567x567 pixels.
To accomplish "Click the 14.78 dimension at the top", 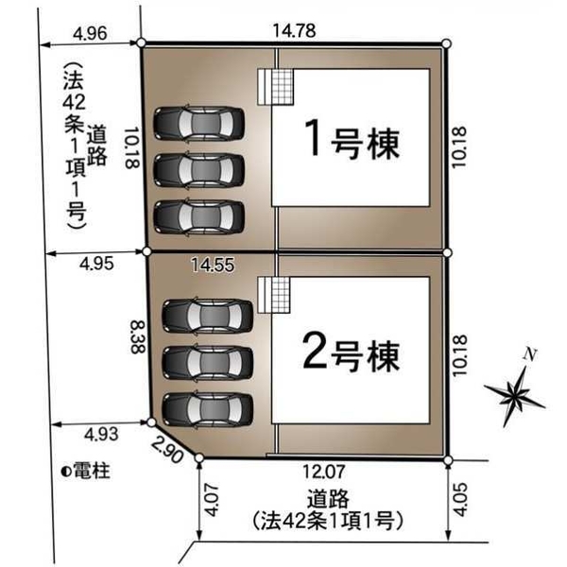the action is (x=294, y=30).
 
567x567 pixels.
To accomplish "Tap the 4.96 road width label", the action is (x=90, y=34).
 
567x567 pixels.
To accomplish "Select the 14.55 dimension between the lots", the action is (x=213, y=265).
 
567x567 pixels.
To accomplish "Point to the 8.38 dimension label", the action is (x=138, y=336).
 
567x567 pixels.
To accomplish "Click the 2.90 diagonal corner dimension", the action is (x=167, y=450).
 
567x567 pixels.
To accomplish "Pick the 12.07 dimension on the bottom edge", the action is (x=323, y=472).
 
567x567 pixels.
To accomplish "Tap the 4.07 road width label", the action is (x=212, y=500).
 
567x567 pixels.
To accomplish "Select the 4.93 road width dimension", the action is (x=101, y=434).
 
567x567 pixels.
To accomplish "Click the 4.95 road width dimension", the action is (x=96, y=264).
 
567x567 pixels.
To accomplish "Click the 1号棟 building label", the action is (x=352, y=140).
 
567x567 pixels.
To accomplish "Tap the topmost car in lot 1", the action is (x=198, y=123).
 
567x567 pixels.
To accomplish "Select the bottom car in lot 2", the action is (x=208, y=410).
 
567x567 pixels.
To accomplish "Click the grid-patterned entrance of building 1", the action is (x=276, y=87).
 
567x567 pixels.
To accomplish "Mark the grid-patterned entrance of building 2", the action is (x=274, y=295).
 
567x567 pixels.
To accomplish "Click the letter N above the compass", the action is (x=530, y=354).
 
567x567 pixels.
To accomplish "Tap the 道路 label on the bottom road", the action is (x=328, y=498).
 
